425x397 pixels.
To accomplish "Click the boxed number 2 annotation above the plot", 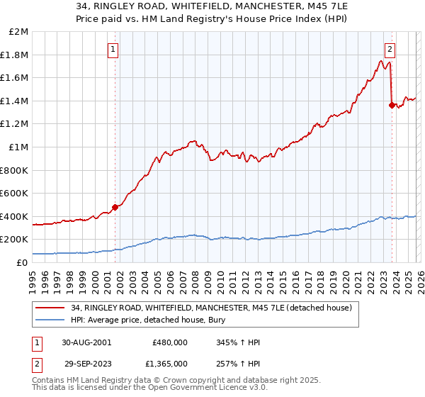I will click(x=390, y=49).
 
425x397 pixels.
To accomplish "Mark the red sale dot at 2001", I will click(x=115, y=207).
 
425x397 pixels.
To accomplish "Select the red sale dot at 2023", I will click(x=392, y=105).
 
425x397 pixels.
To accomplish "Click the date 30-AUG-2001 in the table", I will click(x=86, y=342).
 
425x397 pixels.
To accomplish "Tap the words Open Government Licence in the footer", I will click(x=205, y=388).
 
